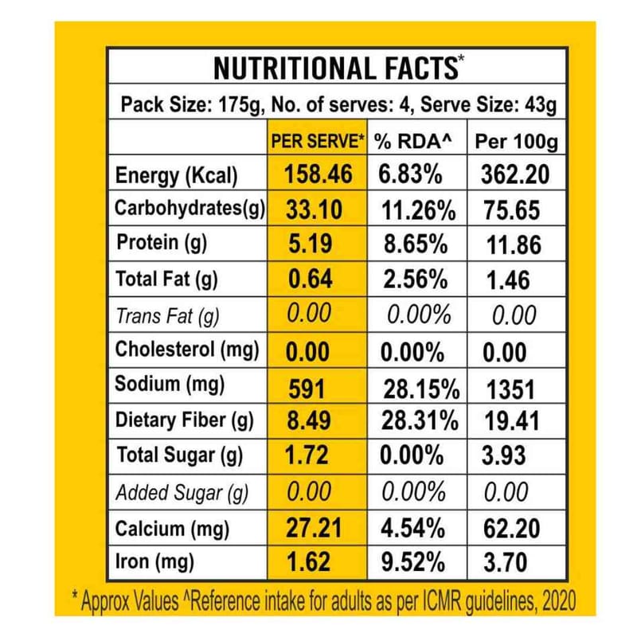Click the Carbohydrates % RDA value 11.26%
tap(420, 210)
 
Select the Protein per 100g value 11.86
tap(514, 244)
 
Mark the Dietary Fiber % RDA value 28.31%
tap(420, 422)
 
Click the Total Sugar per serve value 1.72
tap(307, 457)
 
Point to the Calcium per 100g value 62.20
tap(510, 528)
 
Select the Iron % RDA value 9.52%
tap(412, 562)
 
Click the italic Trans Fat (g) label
tap(167, 315)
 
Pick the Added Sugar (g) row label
tap(182, 493)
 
